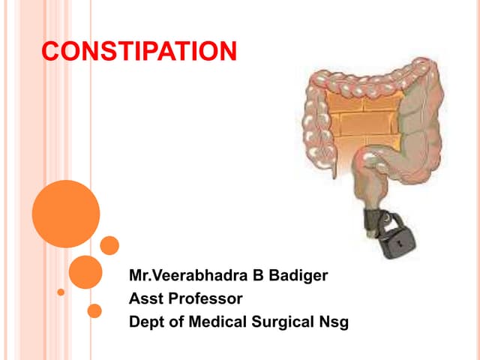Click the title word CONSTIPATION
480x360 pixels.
point(139,52)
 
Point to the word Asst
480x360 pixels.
point(145,299)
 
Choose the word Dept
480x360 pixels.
point(146,323)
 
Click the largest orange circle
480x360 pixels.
point(66,214)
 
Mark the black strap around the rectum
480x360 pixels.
point(373,222)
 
